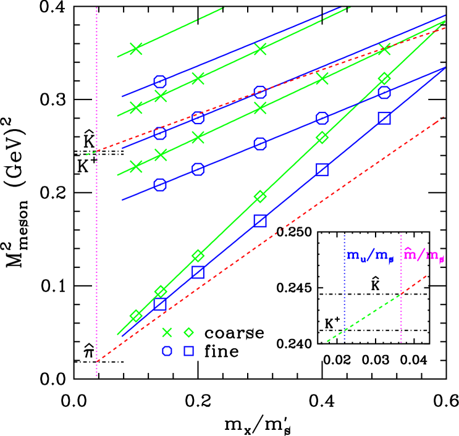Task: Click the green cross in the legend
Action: click(x=167, y=333)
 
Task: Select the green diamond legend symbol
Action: click(x=188, y=333)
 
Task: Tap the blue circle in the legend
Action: click(x=167, y=351)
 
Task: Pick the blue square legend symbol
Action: click(x=188, y=351)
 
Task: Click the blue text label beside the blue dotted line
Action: click(x=370, y=256)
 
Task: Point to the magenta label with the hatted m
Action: click(x=424, y=256)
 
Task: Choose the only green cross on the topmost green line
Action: click(x=136, y=49)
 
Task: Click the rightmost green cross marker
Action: click(x=384, y=49)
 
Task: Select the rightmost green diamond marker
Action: click(x=384, y=78)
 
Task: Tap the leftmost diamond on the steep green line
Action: click(x=136, y=316)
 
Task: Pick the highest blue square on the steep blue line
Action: click(x=384, y=119)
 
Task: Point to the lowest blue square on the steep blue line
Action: click(x=160, y=303)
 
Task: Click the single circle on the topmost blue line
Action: click(x=160, y=82)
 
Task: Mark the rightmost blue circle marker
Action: click(x=384, y=93)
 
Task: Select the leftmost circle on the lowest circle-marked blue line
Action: click(x=160, y=185)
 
